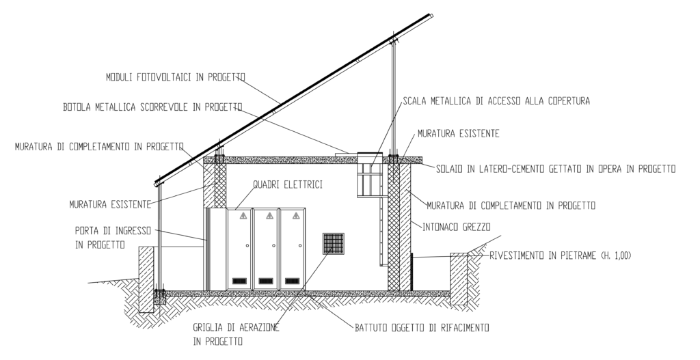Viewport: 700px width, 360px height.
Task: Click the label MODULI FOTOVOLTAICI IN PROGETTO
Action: coord(176,77)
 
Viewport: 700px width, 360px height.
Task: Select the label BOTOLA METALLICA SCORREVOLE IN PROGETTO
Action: coord(152,107)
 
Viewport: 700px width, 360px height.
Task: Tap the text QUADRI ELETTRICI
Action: coord(288,184)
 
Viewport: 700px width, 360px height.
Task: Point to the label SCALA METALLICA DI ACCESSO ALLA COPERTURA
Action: coord(496,101)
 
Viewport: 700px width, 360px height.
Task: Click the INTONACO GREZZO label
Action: coord(456,227)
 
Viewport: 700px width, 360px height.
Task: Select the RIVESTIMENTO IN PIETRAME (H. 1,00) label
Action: coord(561,255)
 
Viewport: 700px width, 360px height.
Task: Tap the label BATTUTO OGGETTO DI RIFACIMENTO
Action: coord(422,328)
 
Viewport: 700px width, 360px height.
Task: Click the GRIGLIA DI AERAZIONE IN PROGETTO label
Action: coord(236,335)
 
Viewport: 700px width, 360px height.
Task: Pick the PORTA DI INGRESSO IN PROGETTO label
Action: coord(113,238)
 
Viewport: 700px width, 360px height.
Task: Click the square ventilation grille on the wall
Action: coord(334,243)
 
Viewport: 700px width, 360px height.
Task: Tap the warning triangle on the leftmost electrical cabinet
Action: coord(243,216)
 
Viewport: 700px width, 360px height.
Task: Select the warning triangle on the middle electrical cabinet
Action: coord(269,216)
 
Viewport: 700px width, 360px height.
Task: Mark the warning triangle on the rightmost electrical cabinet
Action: coord(296,216)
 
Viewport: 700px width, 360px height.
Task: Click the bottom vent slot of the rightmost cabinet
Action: coord(293,281)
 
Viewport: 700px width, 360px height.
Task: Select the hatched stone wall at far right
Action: coord(459,279)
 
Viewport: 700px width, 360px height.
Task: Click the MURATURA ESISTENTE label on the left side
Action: coord(110,205)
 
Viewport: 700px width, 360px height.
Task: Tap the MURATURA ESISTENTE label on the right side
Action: coord(458,133)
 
